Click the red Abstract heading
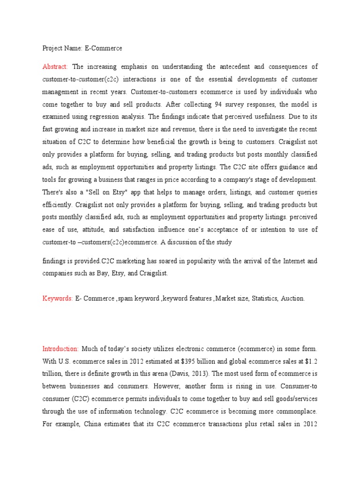55,67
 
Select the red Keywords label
57,298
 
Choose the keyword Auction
292,298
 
